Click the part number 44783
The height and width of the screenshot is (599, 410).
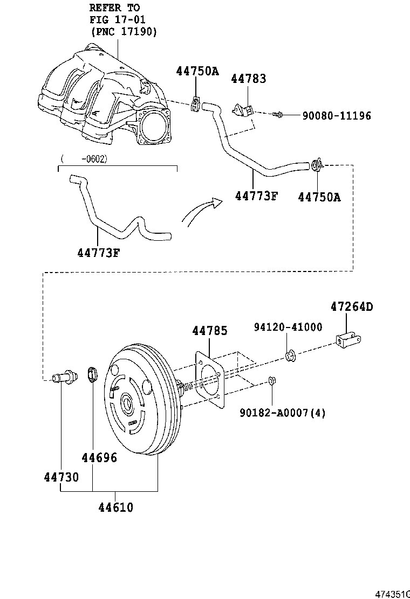pos(249,79)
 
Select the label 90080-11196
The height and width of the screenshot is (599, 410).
pos(336,116)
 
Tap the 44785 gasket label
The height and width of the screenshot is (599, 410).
pos(210,331)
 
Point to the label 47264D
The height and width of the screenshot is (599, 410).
pos(352,308)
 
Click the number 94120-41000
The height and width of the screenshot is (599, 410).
pos(288,327)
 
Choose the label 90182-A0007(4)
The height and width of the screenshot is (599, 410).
pos(283,413)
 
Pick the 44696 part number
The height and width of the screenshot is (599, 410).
pos(100,458)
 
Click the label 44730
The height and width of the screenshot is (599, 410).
pos(61,477)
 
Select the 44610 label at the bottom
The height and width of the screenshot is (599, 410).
pos(115,507)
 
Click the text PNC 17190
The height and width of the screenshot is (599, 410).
pos(124,32)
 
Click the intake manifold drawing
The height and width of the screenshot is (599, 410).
pos(108,100)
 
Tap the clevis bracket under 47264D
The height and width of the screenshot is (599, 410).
pos(348,340)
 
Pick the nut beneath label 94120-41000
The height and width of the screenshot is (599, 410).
pos(290,356)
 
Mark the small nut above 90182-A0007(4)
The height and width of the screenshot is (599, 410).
pos(272,381)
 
